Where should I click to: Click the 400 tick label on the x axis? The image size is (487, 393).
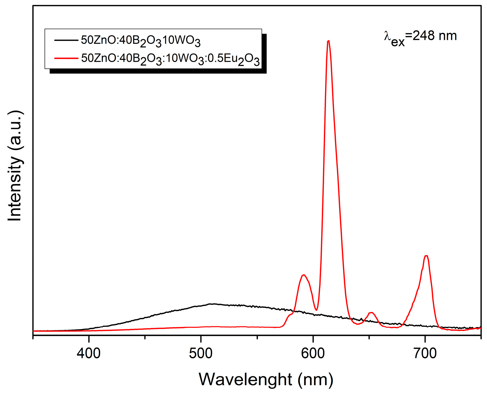pyautogui.click(x=89, y=354)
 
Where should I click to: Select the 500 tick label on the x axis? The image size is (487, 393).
pyautogui.click(x=201, y=354)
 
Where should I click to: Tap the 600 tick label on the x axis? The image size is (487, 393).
pyautogui.click(x=313, y=354)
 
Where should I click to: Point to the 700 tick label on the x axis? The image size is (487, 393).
pyautogui.click(x=425, y=354)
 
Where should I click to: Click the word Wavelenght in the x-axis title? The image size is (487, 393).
pyautogui.click(x=245, y=379)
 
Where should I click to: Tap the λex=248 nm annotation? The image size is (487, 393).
pyautogui.click(x=420, y=37)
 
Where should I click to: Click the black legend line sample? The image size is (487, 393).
pyautogui.click(x=66, y=40)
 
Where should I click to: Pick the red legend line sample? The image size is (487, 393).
pyautogui.click(x=66, y=58)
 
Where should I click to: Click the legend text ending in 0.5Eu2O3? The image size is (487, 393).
pyautogui.click(x=170, y=59)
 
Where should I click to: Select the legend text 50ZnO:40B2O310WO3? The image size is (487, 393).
pyautogui.click(x=141, y=41)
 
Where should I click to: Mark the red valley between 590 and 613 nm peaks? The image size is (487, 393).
pyautogui.click(x=316, y=310)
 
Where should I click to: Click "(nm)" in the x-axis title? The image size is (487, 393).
pyautogui.click(x=315, y=379)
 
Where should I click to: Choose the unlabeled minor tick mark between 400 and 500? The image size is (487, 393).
pyautogui.click(x=145, y=337)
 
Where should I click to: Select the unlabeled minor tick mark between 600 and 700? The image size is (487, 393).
pyautogui.click(x=369, y=337)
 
